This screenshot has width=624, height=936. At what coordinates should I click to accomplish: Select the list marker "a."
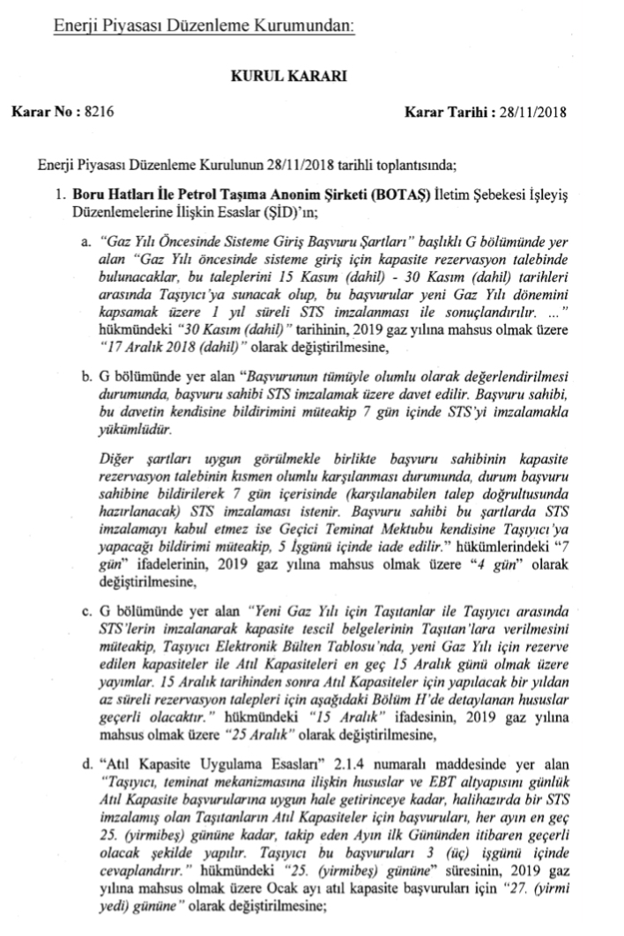(x=86, y=240)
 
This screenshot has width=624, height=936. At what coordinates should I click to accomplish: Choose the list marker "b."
(x=87, y=378)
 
